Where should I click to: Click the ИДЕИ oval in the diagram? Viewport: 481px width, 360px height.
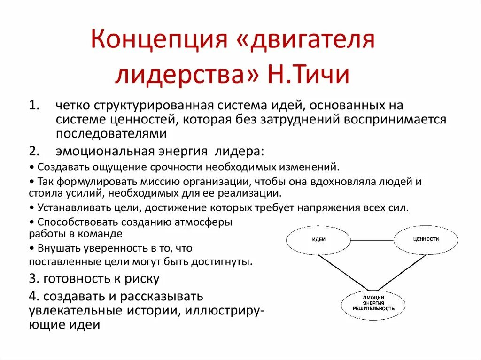[x=318, y=239]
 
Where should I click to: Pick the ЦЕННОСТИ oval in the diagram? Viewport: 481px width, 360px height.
[x=426, y=239]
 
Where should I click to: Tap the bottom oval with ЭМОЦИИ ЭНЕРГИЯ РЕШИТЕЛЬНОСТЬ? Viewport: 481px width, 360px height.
[x=374, y=303]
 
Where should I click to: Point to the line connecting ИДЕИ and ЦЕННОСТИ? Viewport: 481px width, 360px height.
[x=372, y=240]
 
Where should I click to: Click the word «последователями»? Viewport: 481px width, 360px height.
[x=111, y=134]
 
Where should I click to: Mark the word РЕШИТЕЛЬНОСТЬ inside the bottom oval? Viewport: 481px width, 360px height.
[x=374, y=309]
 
